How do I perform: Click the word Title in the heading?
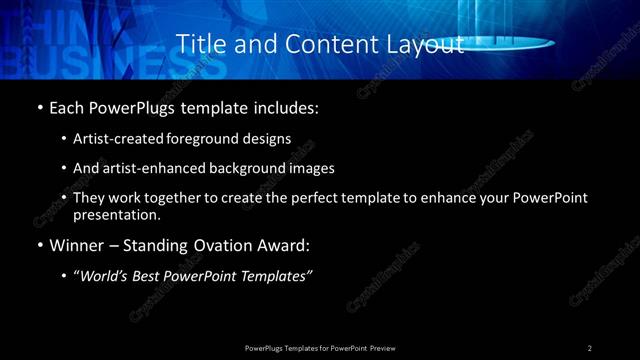coord(199,45)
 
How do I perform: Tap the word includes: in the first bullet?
coord(290,105)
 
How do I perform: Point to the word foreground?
coord(213,138)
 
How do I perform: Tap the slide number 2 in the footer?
coord(590,347)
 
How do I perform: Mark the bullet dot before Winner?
coord(39,244)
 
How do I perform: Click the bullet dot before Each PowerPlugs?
coord(39,105)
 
